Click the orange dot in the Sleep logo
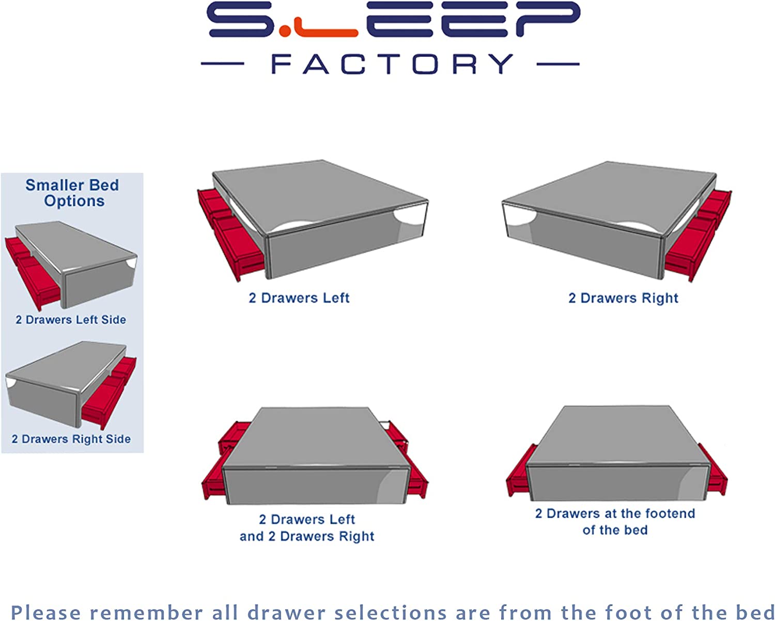pos(285,31)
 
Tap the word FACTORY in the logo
pos(392,64)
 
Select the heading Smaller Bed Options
pos(72,193)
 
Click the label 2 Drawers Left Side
pos(71,320)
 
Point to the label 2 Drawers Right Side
pos(71,439)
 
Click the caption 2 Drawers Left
pos(299,298)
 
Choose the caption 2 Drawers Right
pos(623,298)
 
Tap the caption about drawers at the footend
pos(615,522)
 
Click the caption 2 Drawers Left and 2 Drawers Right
pos(307,528)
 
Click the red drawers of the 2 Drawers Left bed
pos(230,233)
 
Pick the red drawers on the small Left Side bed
pos(33,272)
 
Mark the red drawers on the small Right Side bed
pos(109,393)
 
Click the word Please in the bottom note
pos(46,613)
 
